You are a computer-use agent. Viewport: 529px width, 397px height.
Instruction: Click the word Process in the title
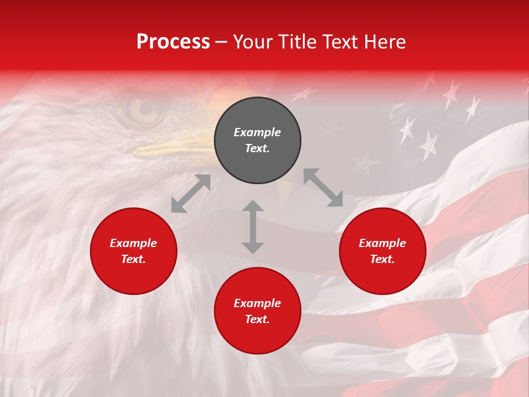pos(173,42)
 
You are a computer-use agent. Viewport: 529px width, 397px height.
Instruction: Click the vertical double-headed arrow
pos(253,227)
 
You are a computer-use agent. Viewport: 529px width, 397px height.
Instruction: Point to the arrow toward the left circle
pos(191,194)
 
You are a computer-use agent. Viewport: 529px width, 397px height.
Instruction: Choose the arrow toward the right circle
pos(323,187)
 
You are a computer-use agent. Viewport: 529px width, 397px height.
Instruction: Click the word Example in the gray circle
pos(257,132)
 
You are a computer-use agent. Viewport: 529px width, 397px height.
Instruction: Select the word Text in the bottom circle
pos(257,319)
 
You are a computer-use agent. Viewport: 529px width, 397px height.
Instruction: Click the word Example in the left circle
pos(133,243)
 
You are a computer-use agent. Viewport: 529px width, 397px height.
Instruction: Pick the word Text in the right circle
pos(382,259)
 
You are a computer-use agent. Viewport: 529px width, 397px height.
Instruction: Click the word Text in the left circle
pos(133,259)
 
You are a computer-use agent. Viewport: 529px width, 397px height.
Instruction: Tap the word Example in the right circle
pos(382,243)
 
